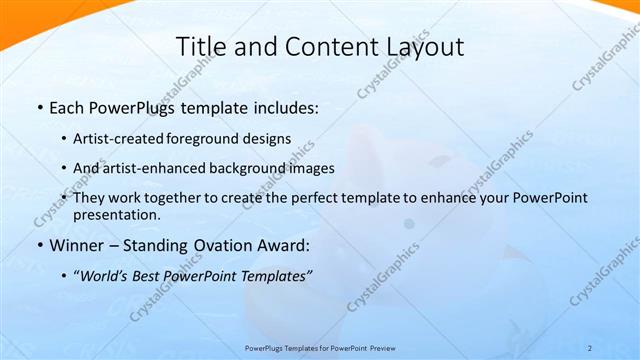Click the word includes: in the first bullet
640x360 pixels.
[284, 107]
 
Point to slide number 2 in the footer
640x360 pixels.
[590, 347]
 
